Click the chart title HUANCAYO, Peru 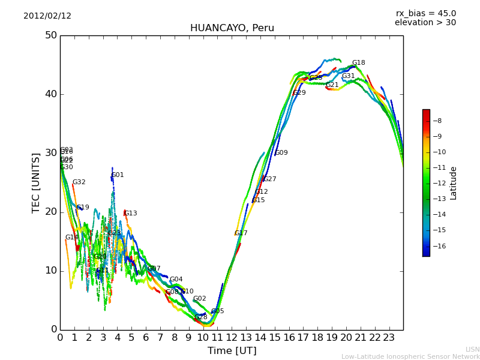point(232,28)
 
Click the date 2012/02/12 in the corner point(47,16)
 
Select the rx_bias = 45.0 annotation point(425,14)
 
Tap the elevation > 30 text point(425,23)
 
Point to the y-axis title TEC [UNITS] point(37,182)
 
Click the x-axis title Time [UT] point(232,351)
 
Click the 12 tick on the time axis point(232,338)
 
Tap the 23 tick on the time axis point(389,338)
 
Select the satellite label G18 point(358,63)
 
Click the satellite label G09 point(281,153)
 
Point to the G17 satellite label point(241,233)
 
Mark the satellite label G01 point(118,175)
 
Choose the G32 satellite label point(79,182)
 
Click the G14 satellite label point(72,238)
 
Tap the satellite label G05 point(217,311)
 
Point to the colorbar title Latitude point(454,183)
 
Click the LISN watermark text point(472,349)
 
